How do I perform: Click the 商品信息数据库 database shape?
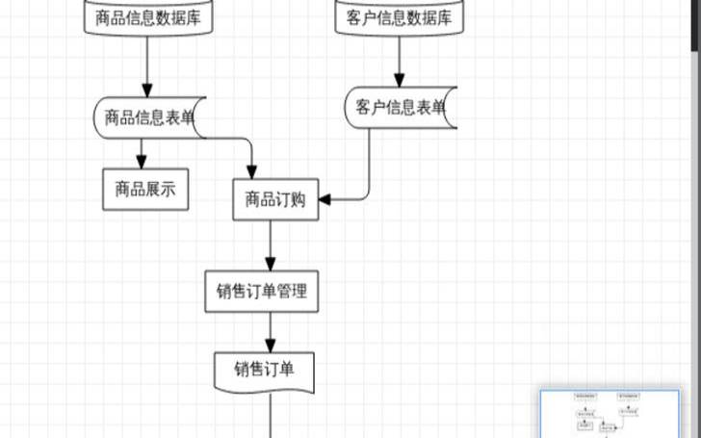(x=148, y=17)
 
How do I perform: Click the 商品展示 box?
(x=144, y=190)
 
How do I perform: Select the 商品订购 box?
(x=275, y=199)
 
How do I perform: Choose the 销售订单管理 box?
(x=262, y=291)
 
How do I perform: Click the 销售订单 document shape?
(x=264, y=368)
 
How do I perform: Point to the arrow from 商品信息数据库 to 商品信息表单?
(x=147, y=67)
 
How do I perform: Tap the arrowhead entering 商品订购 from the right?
(x=325, y=199)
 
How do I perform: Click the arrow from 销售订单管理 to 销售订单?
(x=271, y=331)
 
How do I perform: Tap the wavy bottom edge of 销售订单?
(x=264, y=388)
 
